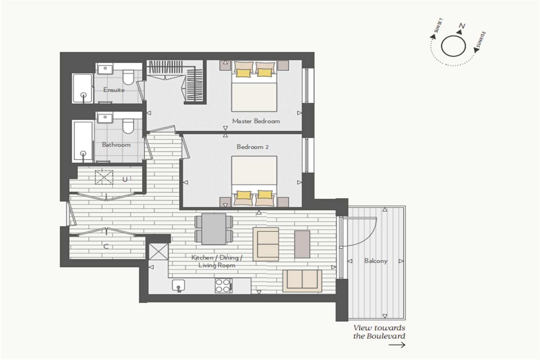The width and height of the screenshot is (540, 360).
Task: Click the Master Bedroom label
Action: pyautogui.click(x=256, y=121)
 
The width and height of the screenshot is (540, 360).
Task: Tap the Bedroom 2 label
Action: pyautogui.click(x=252, y=147)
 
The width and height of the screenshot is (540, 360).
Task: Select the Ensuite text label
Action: pyautogui.click(x=114, y=90)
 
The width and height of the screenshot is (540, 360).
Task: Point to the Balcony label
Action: pyautogui.click(x=375, y=261)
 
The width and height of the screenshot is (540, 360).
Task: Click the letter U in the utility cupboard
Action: pyautogui.click(x=125, y=179)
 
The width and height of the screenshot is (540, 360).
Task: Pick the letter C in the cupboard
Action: pyautogui.click(x=105, y=246)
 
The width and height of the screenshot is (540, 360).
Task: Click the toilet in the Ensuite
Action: pyautogui.click(x=128, y=77)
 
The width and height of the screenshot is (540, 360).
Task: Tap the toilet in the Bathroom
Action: pyautogui.click(x=128, y=126)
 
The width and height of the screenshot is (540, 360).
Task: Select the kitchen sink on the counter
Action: pyautogui.click(x=179, y=285)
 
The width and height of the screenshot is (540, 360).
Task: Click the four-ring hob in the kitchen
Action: pyautogui.click(x=224, y=285)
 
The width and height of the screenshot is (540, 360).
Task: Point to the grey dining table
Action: pyautogui.click(x=214, y=229)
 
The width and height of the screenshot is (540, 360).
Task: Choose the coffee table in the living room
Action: pyautogui.click(x=302, y=244)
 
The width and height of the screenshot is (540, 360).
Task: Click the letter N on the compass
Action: pyautogui.click(x=462, y=26)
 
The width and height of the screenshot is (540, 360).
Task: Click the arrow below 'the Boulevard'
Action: pyautogui.click(x=397, y=345)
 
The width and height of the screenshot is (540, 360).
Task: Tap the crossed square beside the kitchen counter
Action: pyautogui.click(x=158, y=252)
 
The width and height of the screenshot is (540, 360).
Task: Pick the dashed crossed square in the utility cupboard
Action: pyautogui.click(x=104, y=177)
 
